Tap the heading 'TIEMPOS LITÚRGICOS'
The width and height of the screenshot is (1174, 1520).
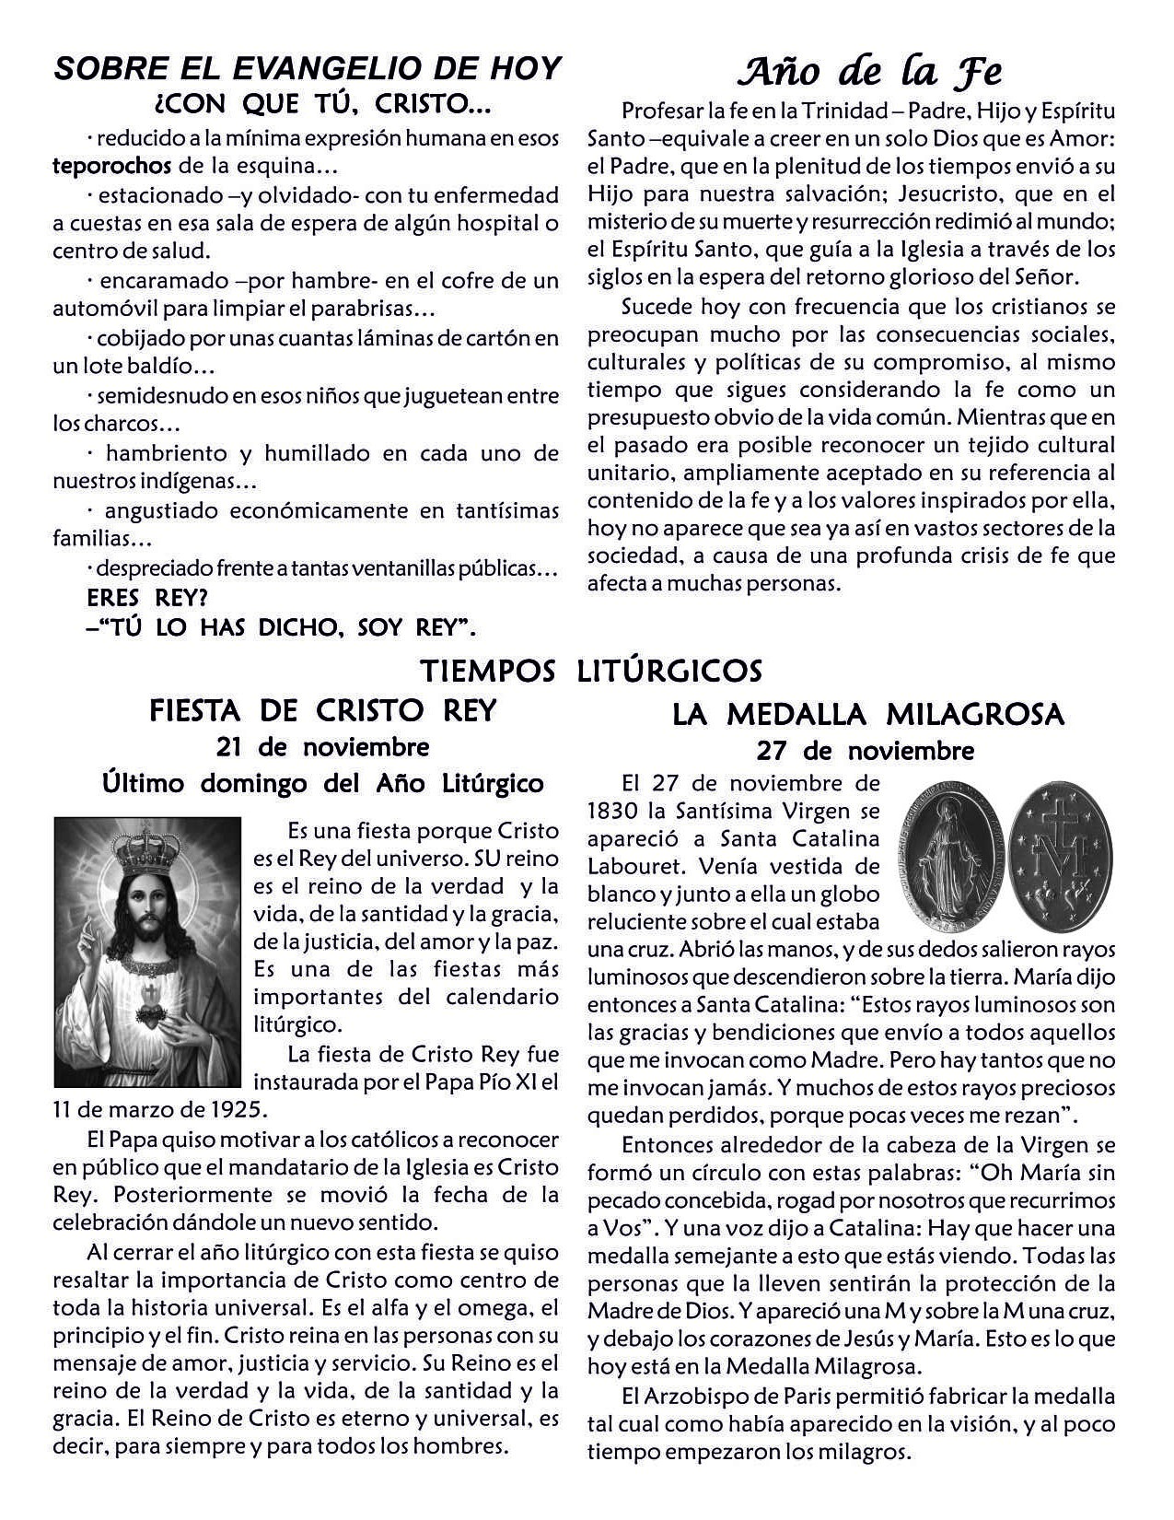[x=591, y=671]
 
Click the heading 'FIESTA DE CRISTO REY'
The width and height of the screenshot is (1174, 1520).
[x=322, y=710]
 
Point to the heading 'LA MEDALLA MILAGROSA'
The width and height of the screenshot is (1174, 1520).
[x=868, y=714]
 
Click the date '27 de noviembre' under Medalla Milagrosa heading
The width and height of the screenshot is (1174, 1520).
[x=865, y=751]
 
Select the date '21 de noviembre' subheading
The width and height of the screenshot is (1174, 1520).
[x=322, y=745]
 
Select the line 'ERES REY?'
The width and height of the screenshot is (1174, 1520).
[x=147, y=598]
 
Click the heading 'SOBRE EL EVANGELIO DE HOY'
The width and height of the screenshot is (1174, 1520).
[x=308, y=68]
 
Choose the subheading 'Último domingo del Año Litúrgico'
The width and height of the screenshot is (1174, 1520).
[x=322, y=784]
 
